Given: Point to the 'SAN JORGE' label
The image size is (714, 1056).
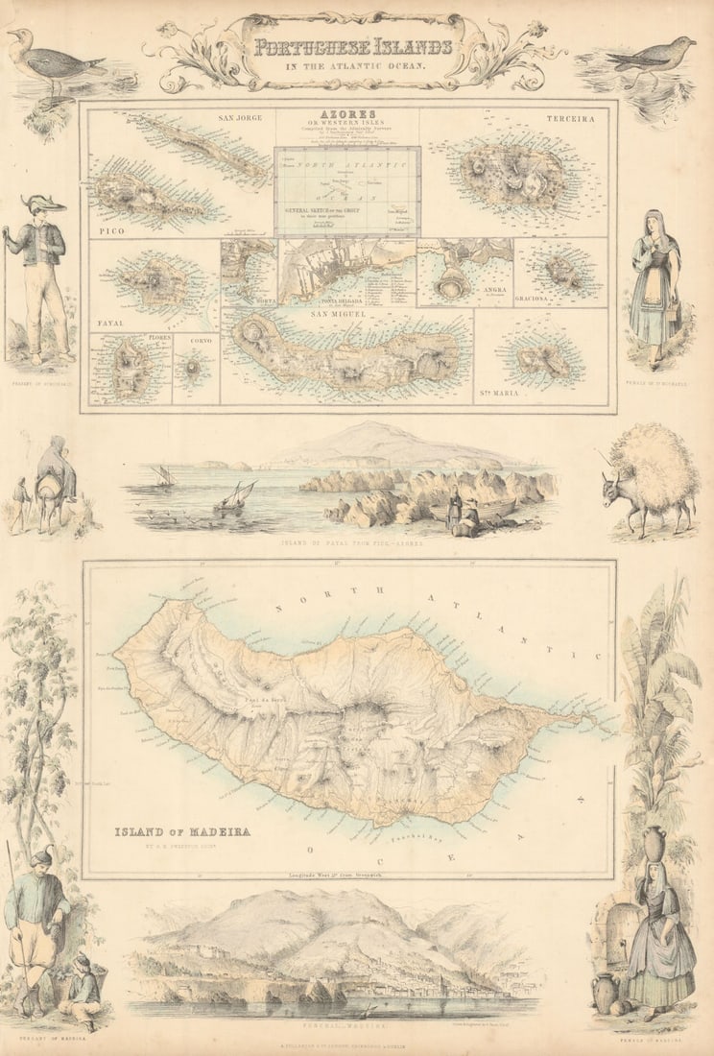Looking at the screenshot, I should pyautogui.click(x=241, y=119).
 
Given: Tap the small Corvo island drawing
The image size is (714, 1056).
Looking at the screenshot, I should pyautogui.click(x=194, y=369).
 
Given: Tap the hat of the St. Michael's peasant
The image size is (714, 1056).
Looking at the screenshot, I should pyautogui.click(x=45, y=204).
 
